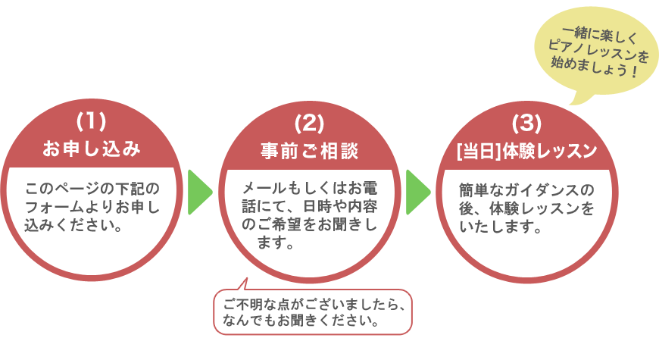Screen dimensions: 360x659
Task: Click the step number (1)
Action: pos(91,121)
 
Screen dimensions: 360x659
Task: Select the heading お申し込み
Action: pos(91,149)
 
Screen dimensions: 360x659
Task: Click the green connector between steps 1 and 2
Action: pos(201,192)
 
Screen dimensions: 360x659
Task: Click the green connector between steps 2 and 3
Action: pos(419,192)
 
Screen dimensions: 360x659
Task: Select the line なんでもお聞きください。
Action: pos(301,320)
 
